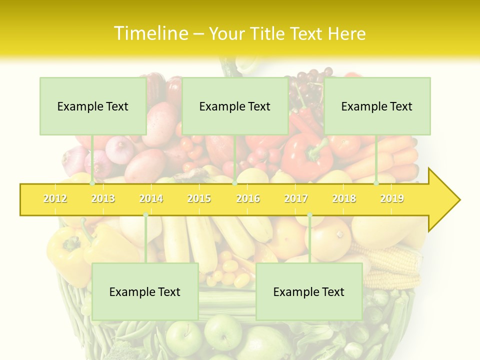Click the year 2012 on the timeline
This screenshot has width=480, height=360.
55,198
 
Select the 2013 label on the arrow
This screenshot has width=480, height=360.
103,198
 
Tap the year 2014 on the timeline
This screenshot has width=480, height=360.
151,198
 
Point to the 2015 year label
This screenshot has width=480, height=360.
199,198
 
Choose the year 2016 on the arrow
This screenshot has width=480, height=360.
248,198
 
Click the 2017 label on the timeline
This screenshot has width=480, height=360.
296,198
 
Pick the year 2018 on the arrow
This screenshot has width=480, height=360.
344,198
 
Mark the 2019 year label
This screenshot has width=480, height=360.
392,198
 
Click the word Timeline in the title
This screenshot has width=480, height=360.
150,33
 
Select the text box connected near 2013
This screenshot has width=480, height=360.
93,106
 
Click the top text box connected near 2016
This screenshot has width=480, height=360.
235,106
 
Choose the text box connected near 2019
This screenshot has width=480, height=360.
377,106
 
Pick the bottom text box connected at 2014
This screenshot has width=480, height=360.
145,291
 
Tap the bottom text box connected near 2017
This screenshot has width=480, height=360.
309,291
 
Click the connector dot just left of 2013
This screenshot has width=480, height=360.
92,183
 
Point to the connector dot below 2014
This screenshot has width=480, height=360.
145,215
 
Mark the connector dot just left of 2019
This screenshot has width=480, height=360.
376,183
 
